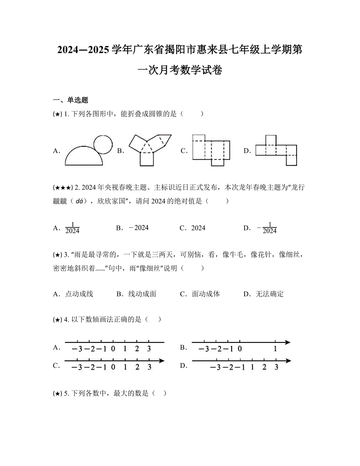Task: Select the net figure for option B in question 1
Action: (x=150, y=150)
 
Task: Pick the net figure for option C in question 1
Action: (x=211, y=150)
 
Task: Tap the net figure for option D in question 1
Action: (x=276, y=150)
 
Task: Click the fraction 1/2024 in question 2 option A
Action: (x=72, y=228)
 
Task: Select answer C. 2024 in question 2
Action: (x=198, y=228)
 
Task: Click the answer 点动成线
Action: (x=79, y=294)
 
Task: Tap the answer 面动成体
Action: (x=205, y=294)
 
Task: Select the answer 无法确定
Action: (x=269, y=294)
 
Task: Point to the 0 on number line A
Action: (x=113, y=349)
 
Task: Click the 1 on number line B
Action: (x=275, y=349)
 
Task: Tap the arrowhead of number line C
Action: (x=161, y=360)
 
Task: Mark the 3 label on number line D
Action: (x=276, y=367)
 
